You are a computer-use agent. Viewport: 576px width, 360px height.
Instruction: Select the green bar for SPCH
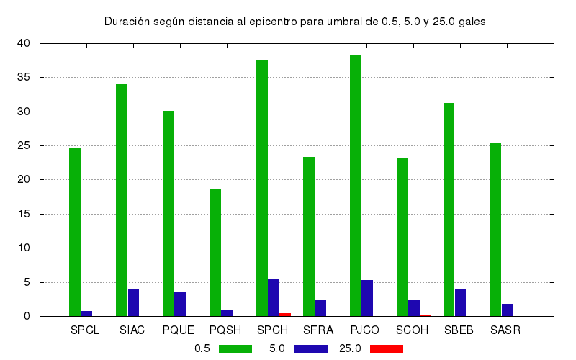[262, 188]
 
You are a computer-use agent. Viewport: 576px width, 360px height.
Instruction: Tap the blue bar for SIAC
[133, 302]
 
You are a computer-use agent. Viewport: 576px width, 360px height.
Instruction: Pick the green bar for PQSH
[215, 252]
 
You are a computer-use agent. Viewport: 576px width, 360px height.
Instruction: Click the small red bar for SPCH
[285, 315]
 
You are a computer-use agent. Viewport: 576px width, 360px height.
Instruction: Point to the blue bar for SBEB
[460, 302]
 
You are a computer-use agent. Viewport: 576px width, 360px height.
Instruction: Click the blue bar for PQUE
[180, 304]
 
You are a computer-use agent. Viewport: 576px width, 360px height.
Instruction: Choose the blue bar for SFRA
[320, 308]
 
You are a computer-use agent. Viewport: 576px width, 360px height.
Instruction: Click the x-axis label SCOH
[412, 330]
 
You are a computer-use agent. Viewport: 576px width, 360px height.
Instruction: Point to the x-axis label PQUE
[178, 330]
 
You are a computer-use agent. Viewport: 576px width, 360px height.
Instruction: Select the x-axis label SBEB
[459, 330]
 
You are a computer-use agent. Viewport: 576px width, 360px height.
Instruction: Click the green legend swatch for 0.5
[235, 348]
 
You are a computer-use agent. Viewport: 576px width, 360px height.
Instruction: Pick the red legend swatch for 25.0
[386, 348]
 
